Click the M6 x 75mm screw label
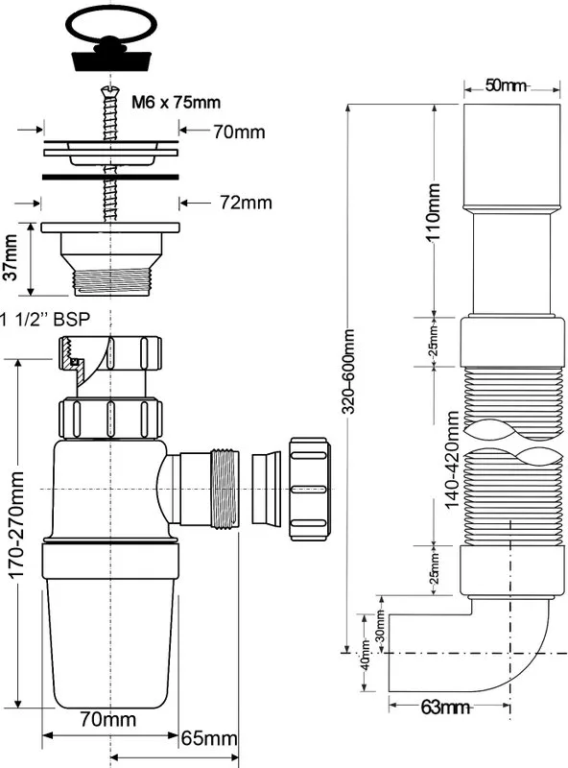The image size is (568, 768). tap(176, 102)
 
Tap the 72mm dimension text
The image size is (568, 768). tap(246, 203)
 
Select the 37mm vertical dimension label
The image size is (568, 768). tap(11, 256)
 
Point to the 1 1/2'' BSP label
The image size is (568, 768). tap(45, 319)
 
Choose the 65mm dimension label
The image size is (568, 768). tap(209, 738)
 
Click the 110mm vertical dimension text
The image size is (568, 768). tap(434, 211)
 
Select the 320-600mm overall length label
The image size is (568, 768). tap(348, 372)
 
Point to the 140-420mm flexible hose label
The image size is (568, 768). tap(453, 460)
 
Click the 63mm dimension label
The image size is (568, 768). tap(445, 708)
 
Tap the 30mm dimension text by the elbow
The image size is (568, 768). tap(381, 626)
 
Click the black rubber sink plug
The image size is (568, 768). tap(109, 58)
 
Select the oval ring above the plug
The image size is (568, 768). tap(111, 22)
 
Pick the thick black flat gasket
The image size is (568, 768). tap(110, 176)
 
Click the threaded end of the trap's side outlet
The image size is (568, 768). tap(225, 488)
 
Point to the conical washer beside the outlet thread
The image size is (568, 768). tap(267, 489)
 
